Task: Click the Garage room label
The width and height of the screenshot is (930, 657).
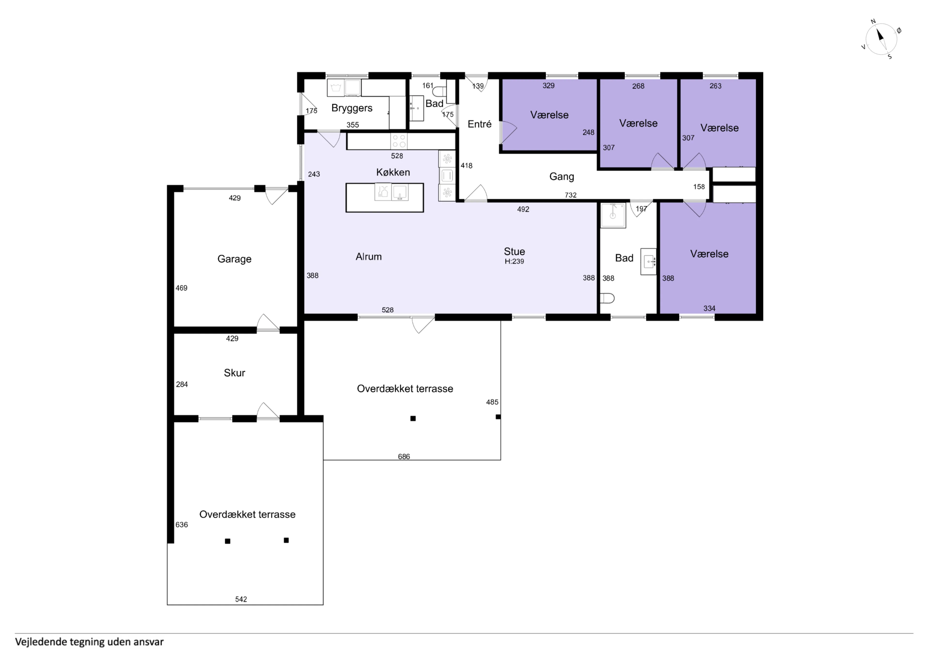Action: pos(234,259)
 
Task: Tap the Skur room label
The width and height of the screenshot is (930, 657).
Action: pos(234,373)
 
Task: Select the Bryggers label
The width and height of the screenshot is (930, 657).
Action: pos(352,108)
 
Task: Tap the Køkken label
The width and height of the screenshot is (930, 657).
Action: pos(393,173)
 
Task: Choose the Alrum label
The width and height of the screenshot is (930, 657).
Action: pos(369,257)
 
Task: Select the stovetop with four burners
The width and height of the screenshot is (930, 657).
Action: pos(399,141)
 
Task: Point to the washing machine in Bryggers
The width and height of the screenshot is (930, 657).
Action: pos(336,88)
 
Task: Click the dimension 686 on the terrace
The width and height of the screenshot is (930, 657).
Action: pos(404,457)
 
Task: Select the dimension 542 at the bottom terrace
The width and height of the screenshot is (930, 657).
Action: pos(241,599)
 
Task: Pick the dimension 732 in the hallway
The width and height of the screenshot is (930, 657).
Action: pos(571,195)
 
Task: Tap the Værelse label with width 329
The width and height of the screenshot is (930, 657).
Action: pos(549,115)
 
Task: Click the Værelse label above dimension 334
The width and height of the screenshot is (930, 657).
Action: pos(709,254)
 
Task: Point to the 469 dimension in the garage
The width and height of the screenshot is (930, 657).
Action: pos(181,288)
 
